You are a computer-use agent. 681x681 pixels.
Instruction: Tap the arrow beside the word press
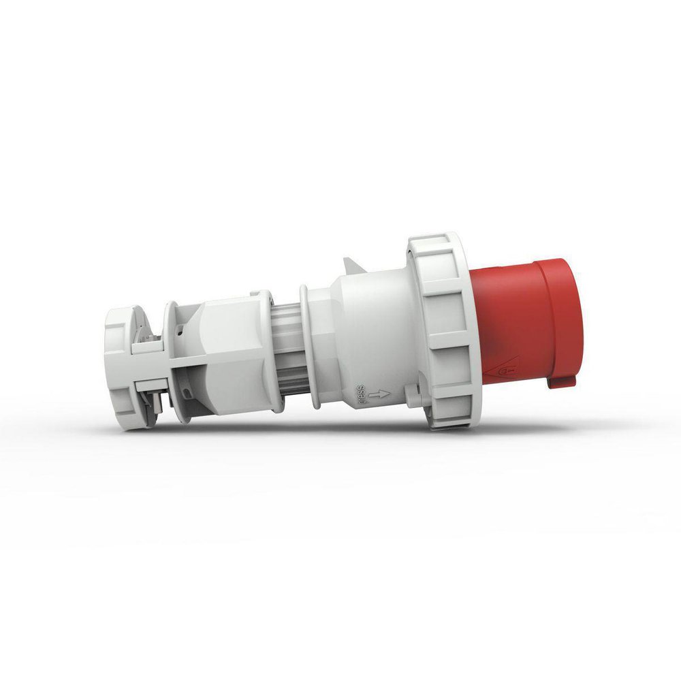[381, 394]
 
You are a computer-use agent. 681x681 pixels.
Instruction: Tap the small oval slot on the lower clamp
[187, 394]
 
